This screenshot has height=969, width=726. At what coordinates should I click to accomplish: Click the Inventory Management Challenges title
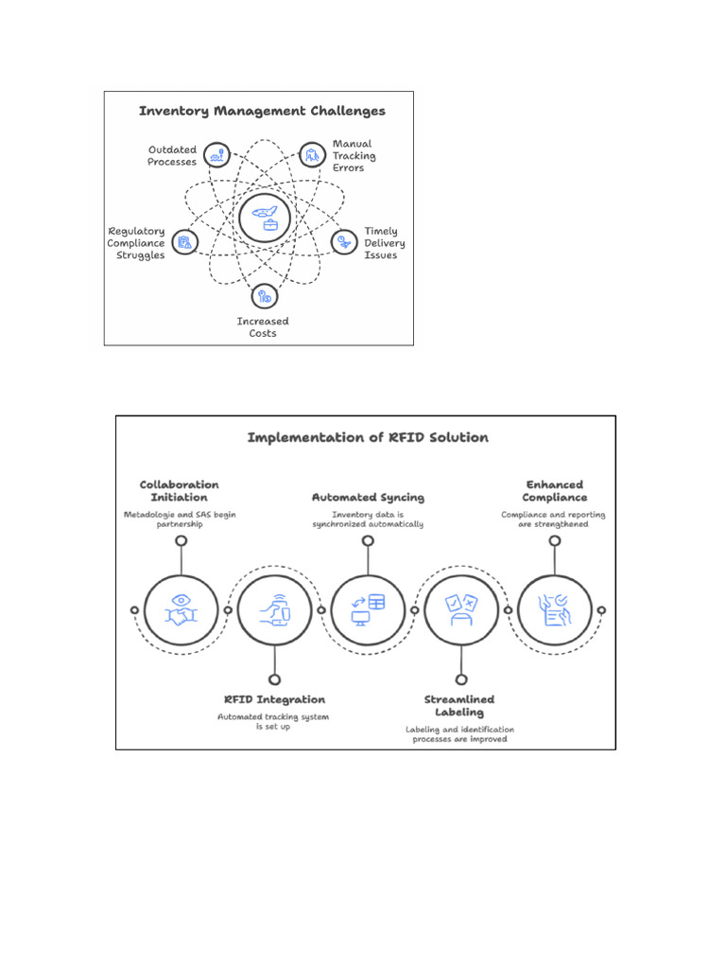click(262, 112)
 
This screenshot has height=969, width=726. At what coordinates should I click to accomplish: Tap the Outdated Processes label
click(172, 156)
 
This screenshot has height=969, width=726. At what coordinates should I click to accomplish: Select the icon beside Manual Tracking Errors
click(312, 155)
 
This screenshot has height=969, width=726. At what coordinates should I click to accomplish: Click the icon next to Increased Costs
click(263, 296)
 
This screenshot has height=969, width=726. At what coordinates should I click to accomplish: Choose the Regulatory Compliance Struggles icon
click(186, 242)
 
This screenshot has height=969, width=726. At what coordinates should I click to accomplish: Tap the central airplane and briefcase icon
click(264, 218)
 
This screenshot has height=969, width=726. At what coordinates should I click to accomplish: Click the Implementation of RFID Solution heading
click(368, 437)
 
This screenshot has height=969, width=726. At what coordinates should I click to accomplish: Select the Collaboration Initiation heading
click(180, 490)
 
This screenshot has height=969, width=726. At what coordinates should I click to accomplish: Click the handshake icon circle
click(181, 610)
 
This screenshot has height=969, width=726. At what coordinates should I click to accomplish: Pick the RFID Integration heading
click(274, 699)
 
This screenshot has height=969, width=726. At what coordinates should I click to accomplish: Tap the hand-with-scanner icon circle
click(274, 610)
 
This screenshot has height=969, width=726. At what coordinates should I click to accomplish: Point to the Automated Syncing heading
click(368, 497)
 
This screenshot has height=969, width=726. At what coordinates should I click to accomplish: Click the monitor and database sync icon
click(368, 610)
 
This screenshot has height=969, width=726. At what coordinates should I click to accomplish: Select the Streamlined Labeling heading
click(459, 705)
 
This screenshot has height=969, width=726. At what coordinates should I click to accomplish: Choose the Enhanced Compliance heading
click(556, 490)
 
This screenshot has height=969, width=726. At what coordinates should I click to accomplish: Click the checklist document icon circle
click(555, 610)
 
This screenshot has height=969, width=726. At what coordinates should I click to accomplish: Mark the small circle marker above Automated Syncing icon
click(368, 541)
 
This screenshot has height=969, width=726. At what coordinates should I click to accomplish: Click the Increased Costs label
click(263, 327)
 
